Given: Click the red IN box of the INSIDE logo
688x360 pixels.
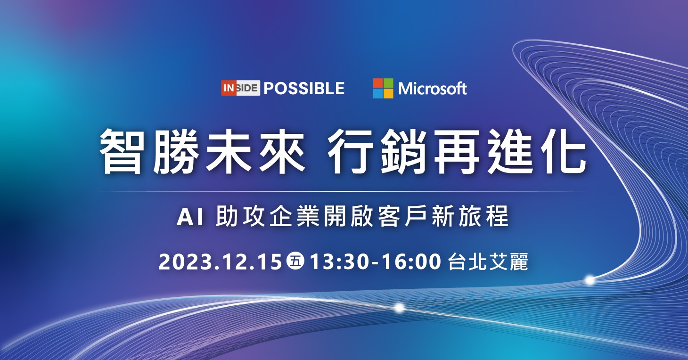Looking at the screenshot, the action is tap(229, 88).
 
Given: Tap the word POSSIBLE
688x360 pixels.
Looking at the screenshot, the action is tap(304, 89).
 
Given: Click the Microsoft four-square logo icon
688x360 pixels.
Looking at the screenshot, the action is tap(383, 89).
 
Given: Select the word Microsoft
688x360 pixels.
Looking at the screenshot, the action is tap(433, 89).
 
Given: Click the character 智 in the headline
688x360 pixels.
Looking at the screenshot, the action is tap(121, 151).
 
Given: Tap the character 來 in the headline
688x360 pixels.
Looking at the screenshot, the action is tap(283, 151).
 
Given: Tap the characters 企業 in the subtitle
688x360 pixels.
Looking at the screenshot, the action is tap(295, 217).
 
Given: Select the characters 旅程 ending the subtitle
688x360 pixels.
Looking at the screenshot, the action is tap(483, 217).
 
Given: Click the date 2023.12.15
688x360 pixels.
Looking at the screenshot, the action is tap(220, 262).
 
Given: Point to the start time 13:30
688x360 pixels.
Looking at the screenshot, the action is tap(342, 262).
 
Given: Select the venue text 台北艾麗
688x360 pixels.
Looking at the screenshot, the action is tap(488, 262).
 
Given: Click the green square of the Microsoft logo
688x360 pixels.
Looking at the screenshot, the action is tap(388, 83).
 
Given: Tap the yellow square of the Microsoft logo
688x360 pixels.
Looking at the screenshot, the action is tap(388, 94).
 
